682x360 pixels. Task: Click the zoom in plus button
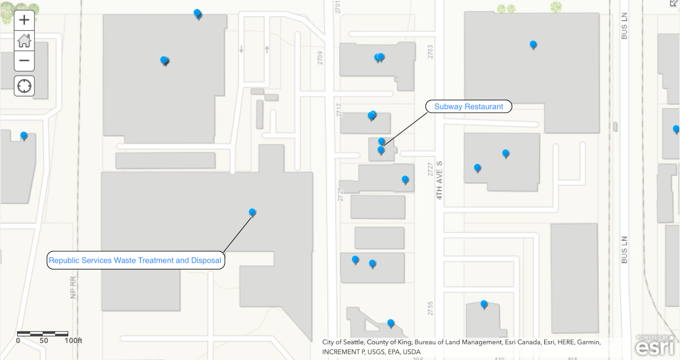pyautogui.click(x=24, y=20)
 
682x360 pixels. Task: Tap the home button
pyautogui.click(x=24, y=40)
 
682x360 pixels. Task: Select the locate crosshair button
pyautogui.click(x=24, y=86)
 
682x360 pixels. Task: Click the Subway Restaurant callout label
pyautogui.click(x=468, y=107)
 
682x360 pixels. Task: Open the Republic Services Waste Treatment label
pyautogui.click(x=135, y=260)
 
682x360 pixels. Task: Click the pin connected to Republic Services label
pyautogui.click(x=252, y=212)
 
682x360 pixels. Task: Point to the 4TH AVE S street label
pyautogui.click(x=439, y=180)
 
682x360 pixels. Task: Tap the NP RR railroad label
pyautogui.click(x=73, y=287)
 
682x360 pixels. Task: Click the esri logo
pyautogui.click(x=655, y=346)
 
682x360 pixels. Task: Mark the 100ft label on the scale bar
pyautogui.click(x=73, y=340)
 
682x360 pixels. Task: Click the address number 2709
pyautogui.click(x=320, y=58)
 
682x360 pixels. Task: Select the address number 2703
pyautogui.click(x=430, y=52)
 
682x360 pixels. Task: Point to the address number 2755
pyautogui.click(x=430, y=308)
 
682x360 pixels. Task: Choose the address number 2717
pyautogui.click(x=339, y=110)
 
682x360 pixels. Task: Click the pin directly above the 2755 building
pyautogui.click(x=484, y=304)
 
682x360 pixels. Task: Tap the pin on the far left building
pyautogui.click(x=24, y=135)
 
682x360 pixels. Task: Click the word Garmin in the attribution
pyautogui.click(x=589, y=342)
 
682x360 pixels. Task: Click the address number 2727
pyautogui.click(x=430, y=169)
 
